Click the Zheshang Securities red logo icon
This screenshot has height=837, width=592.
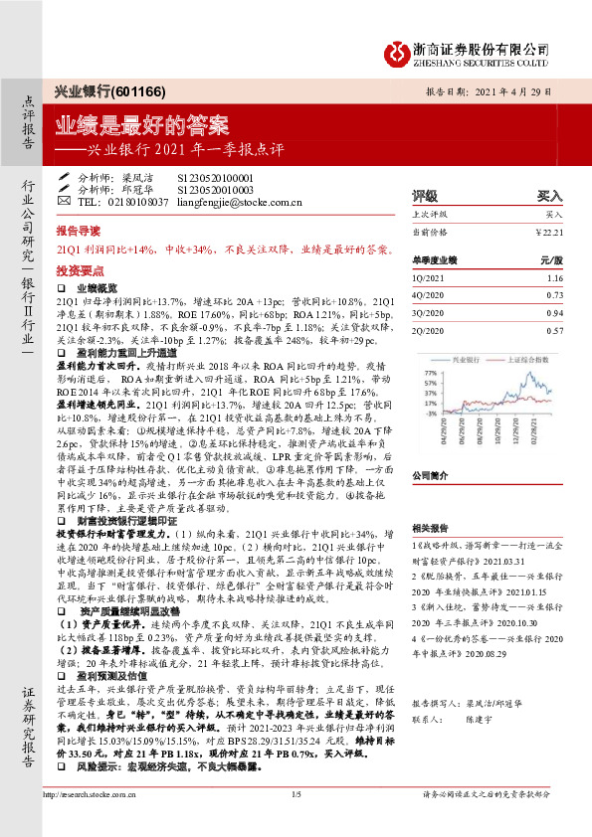point(398,50)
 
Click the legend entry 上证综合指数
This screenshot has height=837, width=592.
point(525,355)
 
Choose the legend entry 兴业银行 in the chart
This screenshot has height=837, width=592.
point(465,355)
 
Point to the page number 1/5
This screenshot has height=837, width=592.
point(296,822)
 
